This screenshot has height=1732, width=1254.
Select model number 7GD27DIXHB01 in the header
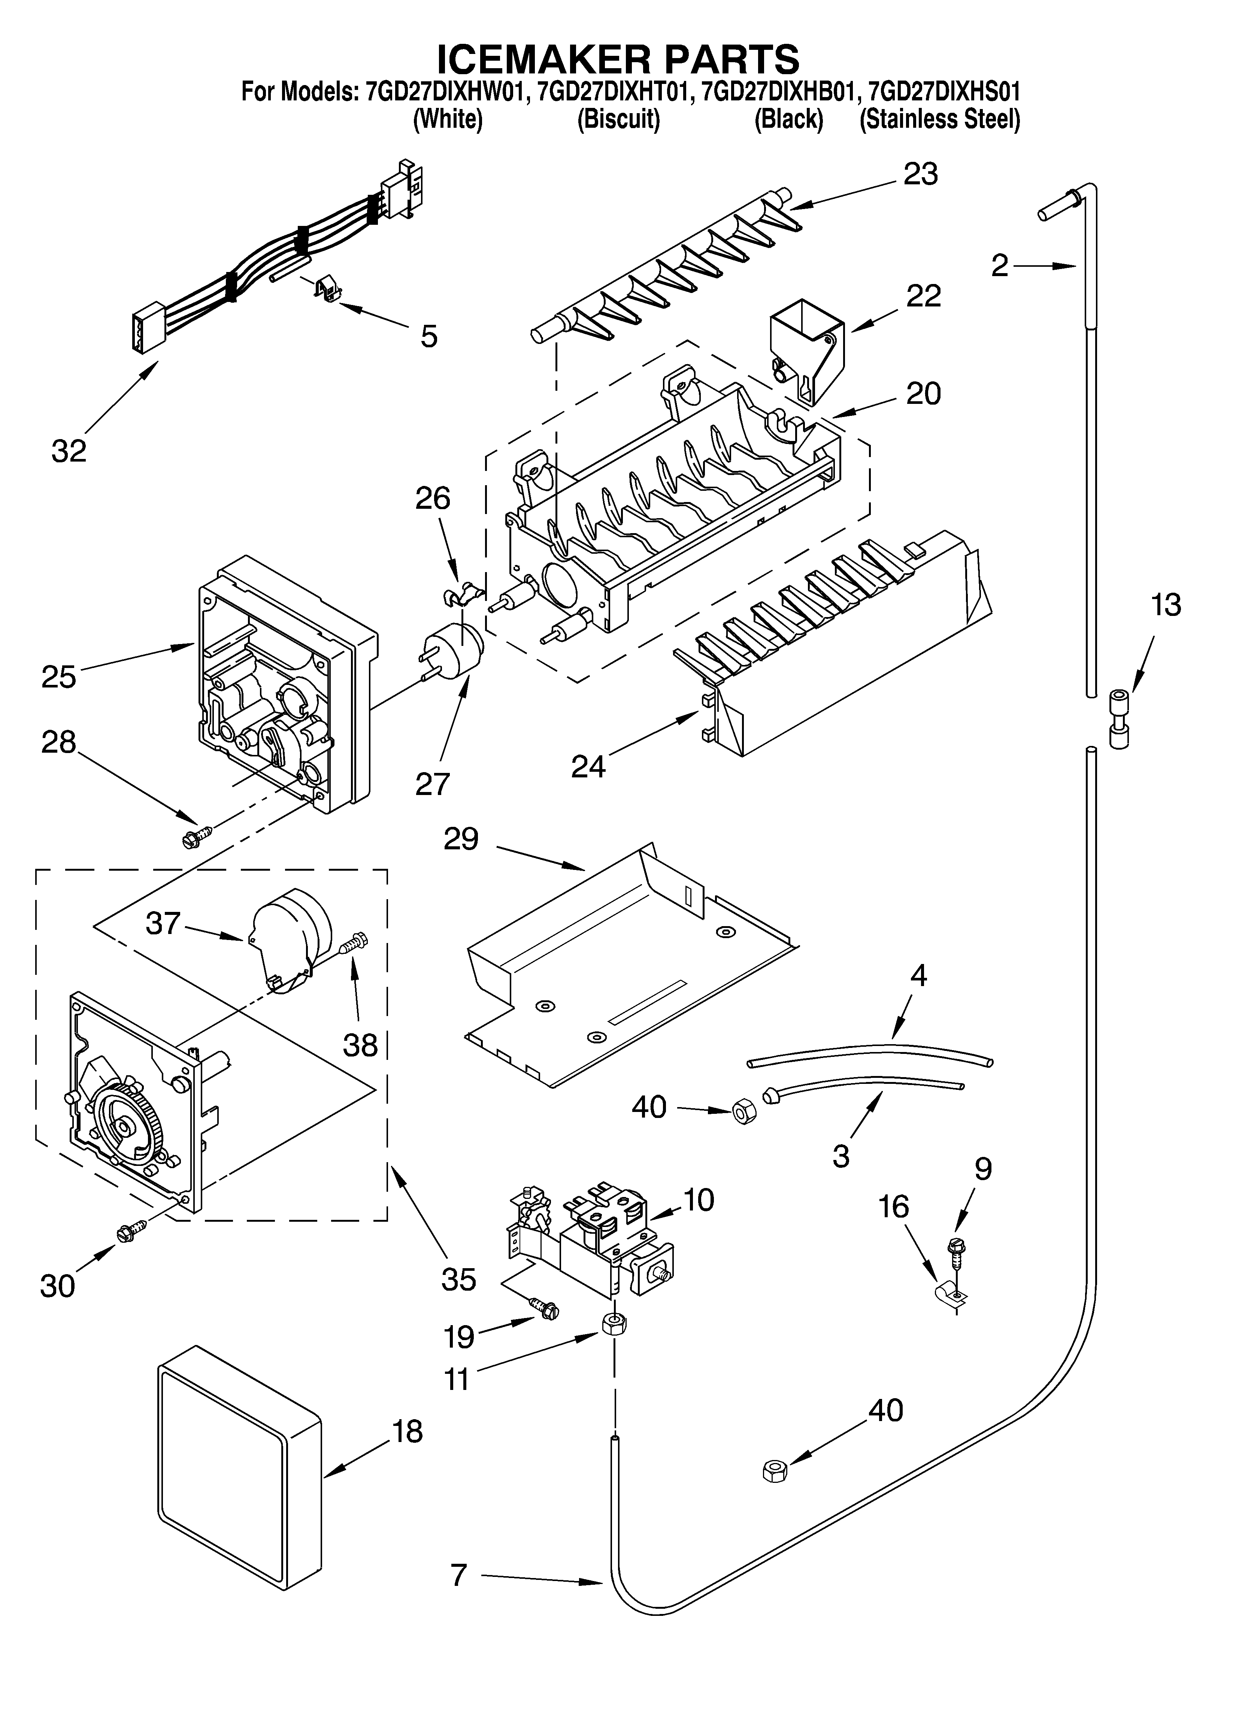pos(778,93)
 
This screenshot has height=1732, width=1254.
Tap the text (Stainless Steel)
pos(939,120)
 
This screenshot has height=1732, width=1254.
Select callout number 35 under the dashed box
pos(458,1279)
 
